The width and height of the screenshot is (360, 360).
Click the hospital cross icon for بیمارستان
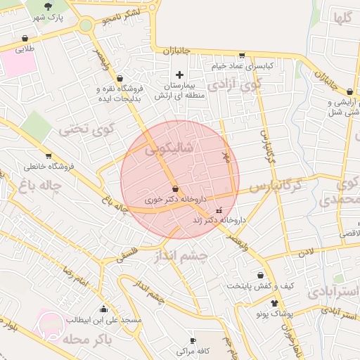(x=179, y=74)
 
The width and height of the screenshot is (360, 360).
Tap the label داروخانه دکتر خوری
(x=167, y=200)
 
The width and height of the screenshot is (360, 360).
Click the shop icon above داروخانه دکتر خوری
(x=174, y=189)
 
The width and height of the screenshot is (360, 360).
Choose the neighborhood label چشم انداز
(x=182, y=257)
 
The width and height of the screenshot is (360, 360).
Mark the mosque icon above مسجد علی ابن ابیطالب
(x=104, y=309)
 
